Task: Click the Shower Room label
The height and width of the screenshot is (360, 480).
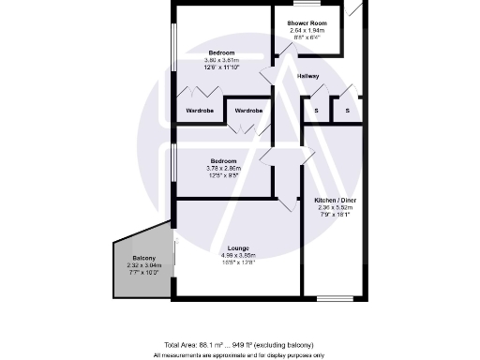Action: click(x=305, y=22)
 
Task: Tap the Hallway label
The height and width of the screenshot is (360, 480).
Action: click(x=307, y=76)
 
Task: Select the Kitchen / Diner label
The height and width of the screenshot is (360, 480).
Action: click(x=334, y=201)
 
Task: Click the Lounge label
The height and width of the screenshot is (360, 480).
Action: click(x=237, y=247)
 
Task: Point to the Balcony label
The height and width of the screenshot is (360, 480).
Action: click(x=143, y=258)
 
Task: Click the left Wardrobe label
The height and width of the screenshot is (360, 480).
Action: click(x=200, y=112)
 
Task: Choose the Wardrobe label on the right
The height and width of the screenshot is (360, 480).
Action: click(x=248, y=112)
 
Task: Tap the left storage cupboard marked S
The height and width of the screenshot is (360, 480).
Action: click(x=317, y=112)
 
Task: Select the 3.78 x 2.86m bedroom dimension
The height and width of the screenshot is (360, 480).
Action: click(x=225, y=168)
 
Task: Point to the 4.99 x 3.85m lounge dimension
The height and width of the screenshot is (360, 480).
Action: click(x=237, y=255)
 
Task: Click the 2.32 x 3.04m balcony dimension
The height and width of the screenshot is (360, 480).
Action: click(x=143, y=265)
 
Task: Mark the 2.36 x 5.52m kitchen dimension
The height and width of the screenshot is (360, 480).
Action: click(x=334, y=208)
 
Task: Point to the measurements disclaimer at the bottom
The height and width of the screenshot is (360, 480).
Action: click(x=239, y=355)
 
